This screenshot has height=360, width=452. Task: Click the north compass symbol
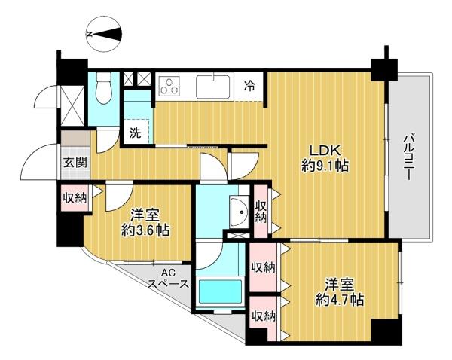(x=104, y=35)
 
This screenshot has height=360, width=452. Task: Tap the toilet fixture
(x=104, y=87)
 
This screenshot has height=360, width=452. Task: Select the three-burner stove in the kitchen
(x=169, y=86)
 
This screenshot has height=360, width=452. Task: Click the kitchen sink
(x=212, y=86)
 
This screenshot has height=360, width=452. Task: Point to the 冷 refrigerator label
(x=249, y=86)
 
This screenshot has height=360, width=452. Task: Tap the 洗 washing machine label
(x=135, y=133)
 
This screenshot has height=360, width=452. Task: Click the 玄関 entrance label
(x=75, y=163)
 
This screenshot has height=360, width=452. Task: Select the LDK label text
(x=325, y=151)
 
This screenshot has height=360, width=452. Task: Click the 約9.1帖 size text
(x=325, y=166)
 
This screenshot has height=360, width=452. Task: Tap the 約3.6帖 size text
(x=145, y=230)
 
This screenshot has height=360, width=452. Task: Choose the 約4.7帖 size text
(x=340, y=301)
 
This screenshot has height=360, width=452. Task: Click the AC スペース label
(x=168, y=279)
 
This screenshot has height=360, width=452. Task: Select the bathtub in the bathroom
(x=220, y=291)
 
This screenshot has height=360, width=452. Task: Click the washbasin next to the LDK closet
(x=240, y=212)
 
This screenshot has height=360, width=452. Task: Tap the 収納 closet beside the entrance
(x=75, y=198)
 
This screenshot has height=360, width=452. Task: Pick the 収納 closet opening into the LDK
(x=261, y=212)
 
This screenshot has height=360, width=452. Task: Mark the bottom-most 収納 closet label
(x=264, y=317)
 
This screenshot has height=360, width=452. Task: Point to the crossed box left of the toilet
(x=72, y=105)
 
